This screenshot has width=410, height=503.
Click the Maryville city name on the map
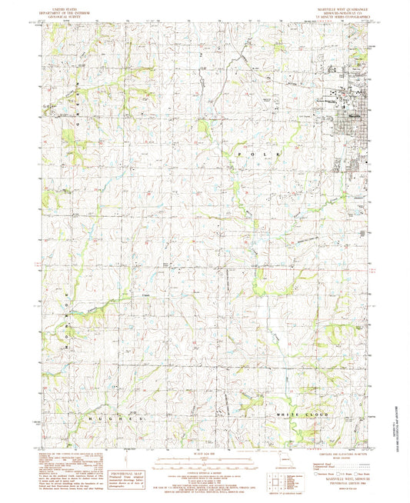[x=351, y=117]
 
